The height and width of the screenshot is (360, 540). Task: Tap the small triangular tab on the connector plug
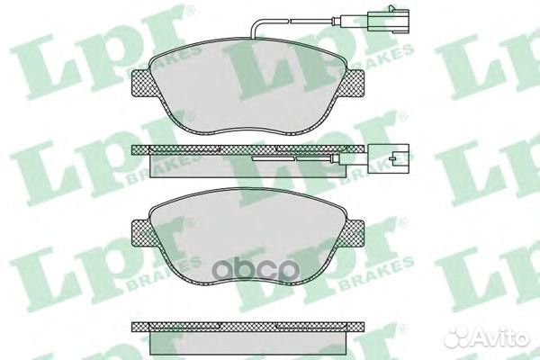391,7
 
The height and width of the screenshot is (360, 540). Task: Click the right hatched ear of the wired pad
353,82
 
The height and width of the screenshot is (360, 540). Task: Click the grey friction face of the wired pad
248,86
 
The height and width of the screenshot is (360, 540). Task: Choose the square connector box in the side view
389,158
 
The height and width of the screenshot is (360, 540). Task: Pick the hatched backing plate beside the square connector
248,149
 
